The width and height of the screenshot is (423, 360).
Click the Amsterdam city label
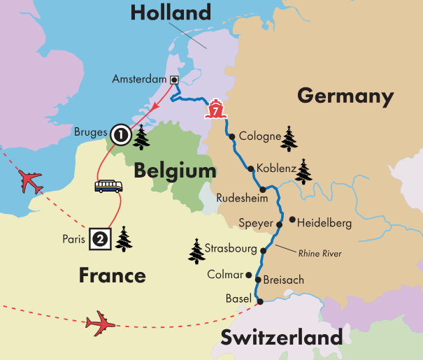coord(140,80)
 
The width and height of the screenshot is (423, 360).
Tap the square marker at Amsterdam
coord(173,80)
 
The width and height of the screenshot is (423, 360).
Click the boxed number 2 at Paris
coord(100,239)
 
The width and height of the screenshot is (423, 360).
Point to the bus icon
coord(108,186)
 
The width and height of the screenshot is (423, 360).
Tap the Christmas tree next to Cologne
coord(289,138)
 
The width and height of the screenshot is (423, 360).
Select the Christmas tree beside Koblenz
coord(304,171)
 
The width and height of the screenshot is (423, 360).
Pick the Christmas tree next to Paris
coord(124,239)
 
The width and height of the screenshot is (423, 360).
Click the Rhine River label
coord(320,253)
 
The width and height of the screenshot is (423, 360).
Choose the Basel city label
coord(238,298)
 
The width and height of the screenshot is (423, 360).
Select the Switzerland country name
coord(281,338)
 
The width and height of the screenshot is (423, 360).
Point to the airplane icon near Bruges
coord(30,181)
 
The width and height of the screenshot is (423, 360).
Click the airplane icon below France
coord(99,323)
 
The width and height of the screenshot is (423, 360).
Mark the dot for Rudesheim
coord(263,189)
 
